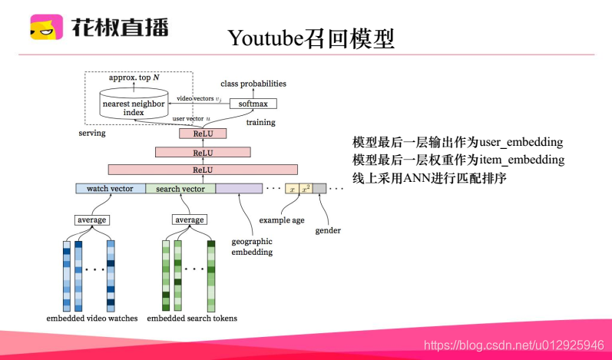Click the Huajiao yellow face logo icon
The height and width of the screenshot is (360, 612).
pos(47,28)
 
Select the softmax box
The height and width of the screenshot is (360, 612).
pos(253,104)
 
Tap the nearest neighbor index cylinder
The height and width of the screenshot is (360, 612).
pos(134,107)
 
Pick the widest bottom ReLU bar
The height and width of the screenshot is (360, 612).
pos(203,170)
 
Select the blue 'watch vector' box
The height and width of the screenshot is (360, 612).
pos(110,189)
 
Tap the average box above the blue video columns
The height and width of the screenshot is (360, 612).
pos(91,220)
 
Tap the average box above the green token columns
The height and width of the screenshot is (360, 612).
pos(189,220)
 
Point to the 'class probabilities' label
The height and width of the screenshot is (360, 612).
pos(253,84)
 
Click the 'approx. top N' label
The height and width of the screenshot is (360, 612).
pos(134,78)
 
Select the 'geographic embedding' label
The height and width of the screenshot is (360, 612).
pos(253,246)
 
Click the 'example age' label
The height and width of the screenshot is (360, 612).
pos(281,220)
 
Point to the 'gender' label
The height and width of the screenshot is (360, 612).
pos(329,230)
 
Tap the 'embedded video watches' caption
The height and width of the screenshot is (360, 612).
pos(92,318)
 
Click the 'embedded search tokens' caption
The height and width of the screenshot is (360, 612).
pos(192,318)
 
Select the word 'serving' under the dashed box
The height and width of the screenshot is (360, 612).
pos(92,133)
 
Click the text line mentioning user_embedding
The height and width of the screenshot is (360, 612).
pos(458,142)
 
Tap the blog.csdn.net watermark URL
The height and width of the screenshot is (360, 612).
pos(514,346)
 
